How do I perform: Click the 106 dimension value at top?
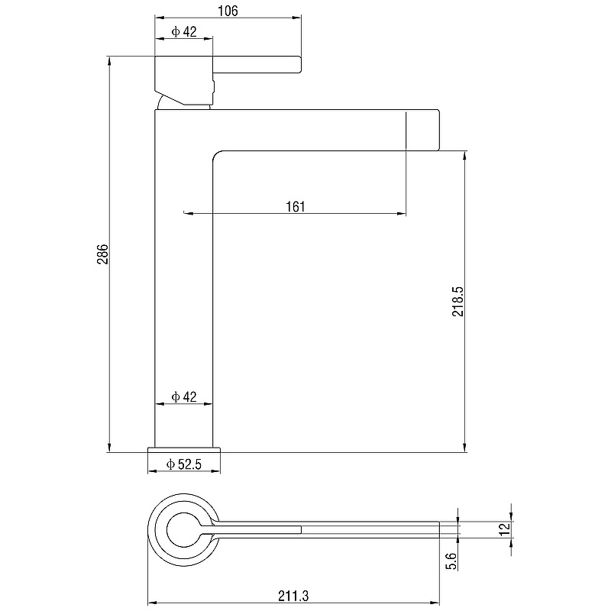pos(228,11)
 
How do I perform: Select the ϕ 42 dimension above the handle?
pos(184,31)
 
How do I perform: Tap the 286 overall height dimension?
pos(102,254)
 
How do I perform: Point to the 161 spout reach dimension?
pos(296,206)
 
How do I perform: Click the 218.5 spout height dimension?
pos(457,301)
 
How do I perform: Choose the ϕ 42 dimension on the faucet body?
pos(184,396)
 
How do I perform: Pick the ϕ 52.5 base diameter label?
pos(183,464)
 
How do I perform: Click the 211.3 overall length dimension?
pos(293,596)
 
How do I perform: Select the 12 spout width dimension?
pos(505,529)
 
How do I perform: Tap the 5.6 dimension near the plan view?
pos(451,561)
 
